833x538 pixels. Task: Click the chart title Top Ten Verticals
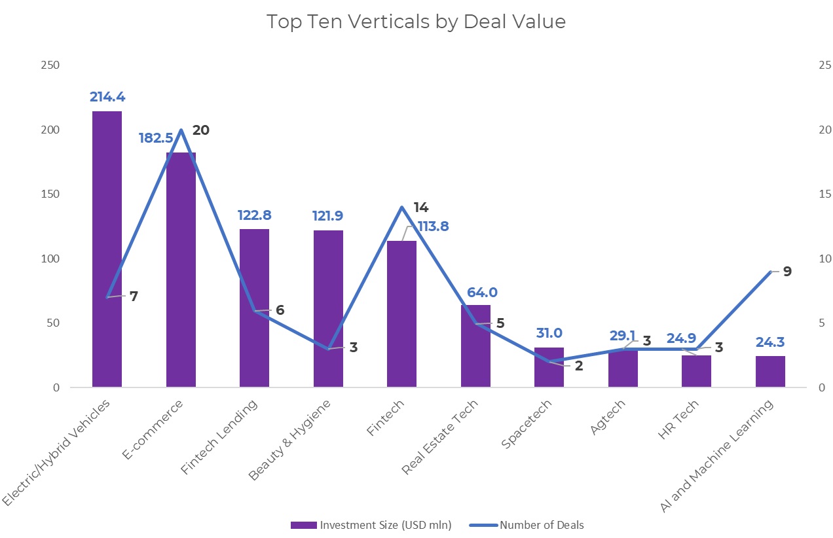pyautogui.click(x=416, y=22)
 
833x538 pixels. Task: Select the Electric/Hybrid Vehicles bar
pyautogui.click(x=107, y=249)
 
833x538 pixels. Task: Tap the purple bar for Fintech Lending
pyautogui.click(x=254, y=308)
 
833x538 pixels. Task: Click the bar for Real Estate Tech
pyautogui.click(x=475, y=346)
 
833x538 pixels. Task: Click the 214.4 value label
pyautogui.click(x=107, y=97)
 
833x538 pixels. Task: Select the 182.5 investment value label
pyautogui.click(x=156, y=139)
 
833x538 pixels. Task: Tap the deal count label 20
pyautogui.click(x=200, y=130)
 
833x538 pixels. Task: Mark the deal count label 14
pyautogui.click(x=420, y=207)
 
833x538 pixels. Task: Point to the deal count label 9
pyautogui.click(x=787, y=271)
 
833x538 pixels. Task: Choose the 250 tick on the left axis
pyautogui.click(x=50, y=65)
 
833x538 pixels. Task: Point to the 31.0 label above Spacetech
pyautogui.click(x=549, y=333)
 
